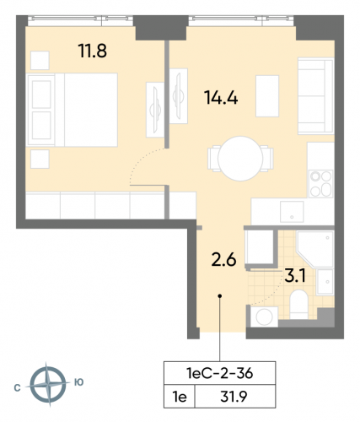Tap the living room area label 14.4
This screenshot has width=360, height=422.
219,95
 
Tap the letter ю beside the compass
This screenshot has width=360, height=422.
78,382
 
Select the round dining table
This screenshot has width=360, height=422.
239,157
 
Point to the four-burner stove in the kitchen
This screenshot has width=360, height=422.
320,181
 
